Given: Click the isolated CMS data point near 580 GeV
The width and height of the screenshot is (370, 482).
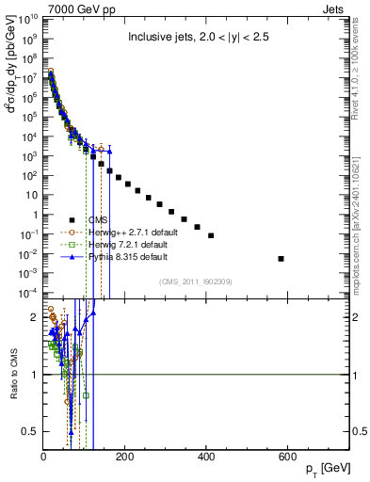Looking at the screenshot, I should coord(281,258).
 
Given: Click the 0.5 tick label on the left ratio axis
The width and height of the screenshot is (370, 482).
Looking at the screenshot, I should coord(29,431).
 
